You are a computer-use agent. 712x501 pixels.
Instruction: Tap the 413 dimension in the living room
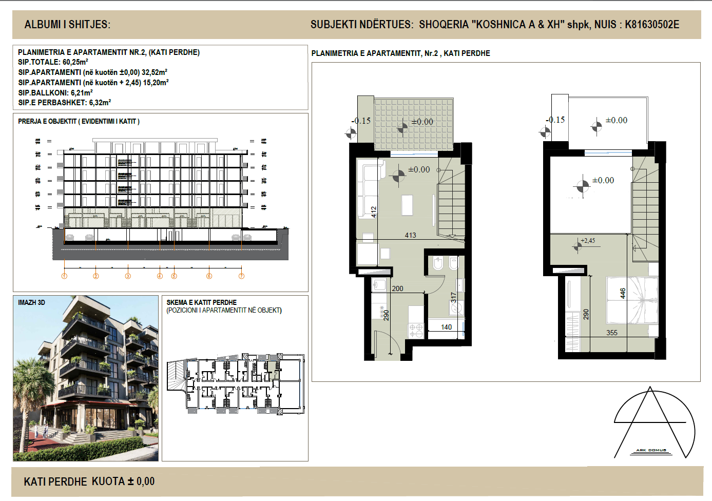point(411,235)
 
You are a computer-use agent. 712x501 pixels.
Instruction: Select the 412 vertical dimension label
point(374,211)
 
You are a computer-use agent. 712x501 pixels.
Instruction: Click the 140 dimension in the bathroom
point(447,327)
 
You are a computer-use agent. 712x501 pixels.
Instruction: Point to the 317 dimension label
point(453,298)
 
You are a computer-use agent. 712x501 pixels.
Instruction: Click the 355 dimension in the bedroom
point(612,333)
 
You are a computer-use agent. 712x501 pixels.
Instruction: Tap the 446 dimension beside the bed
point(623,294)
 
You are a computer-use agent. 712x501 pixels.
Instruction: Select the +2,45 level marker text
point(588,240)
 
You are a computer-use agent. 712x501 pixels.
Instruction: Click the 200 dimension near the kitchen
point(398,288)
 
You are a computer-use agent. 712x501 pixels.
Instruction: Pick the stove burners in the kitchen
point(416,330)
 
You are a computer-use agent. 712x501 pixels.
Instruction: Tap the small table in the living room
point(407,205)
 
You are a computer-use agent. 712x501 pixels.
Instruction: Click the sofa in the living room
point(369,187)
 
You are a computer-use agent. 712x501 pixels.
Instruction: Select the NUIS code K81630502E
point(652,25)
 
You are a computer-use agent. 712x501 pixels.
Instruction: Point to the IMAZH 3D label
point(32,302)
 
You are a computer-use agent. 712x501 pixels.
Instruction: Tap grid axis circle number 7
point(241,276)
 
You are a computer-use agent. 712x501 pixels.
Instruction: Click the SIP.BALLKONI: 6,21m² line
point(55,92)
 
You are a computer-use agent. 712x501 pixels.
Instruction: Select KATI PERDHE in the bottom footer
point(55,481)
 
